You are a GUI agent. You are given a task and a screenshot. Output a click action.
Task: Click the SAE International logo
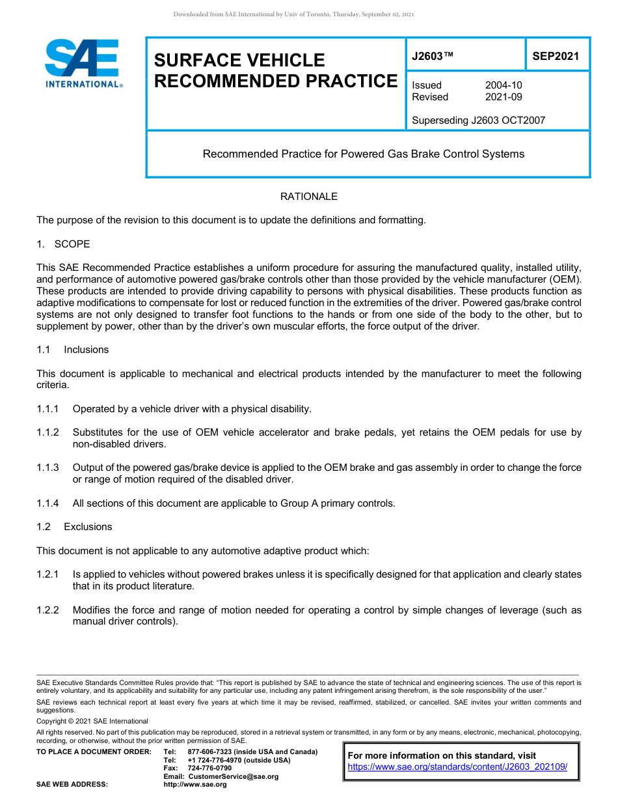coord(83,63)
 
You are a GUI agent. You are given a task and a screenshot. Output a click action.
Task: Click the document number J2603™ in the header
coord(432,57)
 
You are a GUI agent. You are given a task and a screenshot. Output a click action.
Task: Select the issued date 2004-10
coord(504,85)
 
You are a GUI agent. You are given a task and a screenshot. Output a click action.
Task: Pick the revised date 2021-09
coord(504,97)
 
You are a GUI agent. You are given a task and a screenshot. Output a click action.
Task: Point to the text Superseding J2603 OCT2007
coord(478,120)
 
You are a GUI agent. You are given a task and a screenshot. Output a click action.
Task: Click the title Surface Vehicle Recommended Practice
coord(275,70)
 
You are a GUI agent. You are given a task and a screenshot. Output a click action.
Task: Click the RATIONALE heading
coord(309,197)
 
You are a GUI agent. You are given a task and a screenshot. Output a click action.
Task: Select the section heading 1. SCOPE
coord(63,244)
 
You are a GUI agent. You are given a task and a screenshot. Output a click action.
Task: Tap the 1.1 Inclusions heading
coord(73,350)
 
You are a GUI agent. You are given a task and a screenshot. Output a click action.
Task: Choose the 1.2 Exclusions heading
coord(74,527)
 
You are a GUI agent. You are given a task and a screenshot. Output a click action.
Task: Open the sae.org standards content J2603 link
coord(457,767)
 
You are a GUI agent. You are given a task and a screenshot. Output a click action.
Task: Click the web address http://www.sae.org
coord(195,785)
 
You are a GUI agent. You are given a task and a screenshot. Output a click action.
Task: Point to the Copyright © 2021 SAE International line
coord(92,722)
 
